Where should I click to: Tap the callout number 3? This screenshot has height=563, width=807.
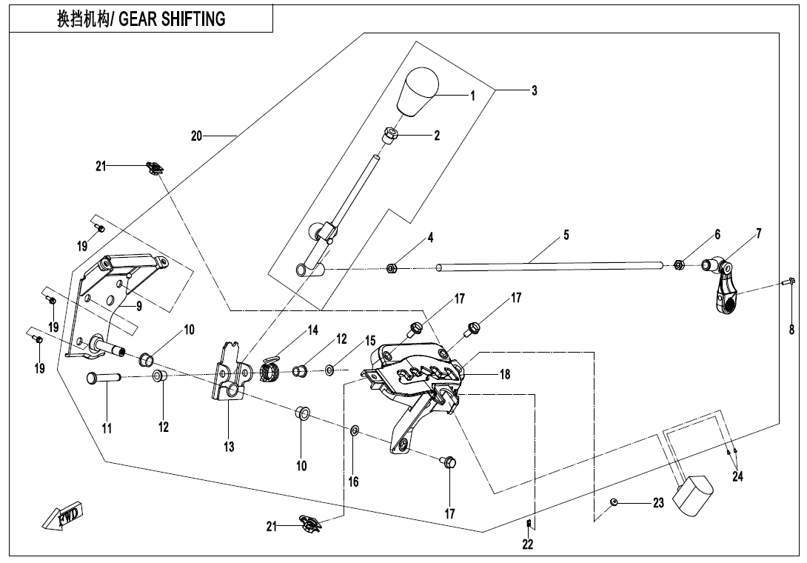tap(534, 90)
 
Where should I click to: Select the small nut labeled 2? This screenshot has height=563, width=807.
tap(390, 136)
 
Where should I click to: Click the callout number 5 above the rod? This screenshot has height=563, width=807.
tap(566, 235)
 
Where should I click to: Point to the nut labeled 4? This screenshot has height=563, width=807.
tap(392, 267)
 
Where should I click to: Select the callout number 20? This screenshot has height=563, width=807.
tap(196, 136)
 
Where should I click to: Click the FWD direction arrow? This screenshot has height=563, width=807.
tap(65, 516)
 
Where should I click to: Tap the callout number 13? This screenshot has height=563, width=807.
tap(229, 447)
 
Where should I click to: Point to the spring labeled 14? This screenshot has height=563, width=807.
tap(272, 365)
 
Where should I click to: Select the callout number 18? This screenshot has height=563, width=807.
tap(504, 374)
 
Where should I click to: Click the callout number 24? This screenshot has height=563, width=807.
tap(737, 476)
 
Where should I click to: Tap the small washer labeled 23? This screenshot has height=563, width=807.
tap(614, 503)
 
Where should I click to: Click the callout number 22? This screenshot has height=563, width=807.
tap(527, 544)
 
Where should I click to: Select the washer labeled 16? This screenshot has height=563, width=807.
tap(355, 430)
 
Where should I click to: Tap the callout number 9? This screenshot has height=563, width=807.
tap(138, 306)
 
